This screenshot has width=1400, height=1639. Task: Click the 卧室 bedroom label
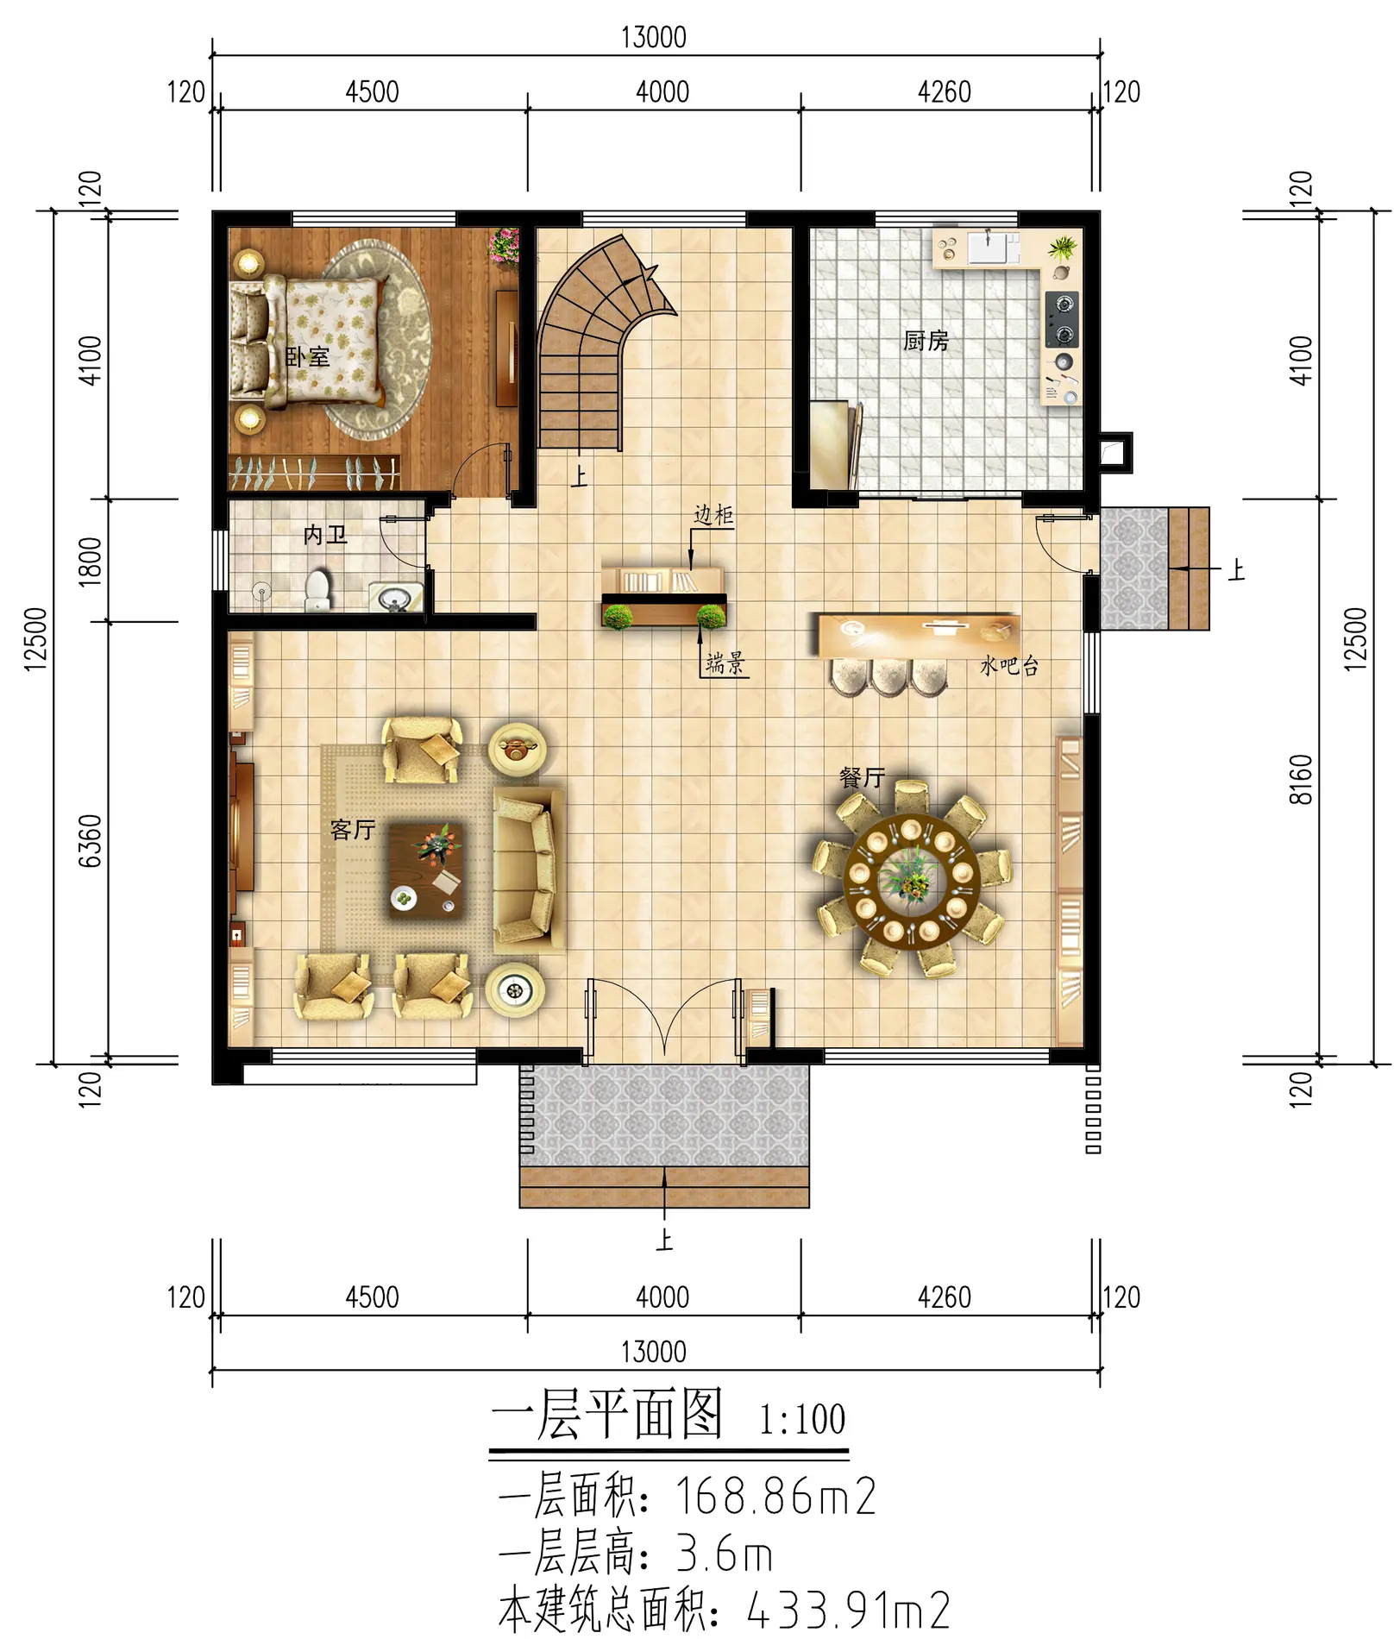(x=307, y=356)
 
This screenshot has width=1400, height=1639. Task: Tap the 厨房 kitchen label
(x=926, y=341)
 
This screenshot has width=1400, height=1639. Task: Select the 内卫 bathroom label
(x=325, y=535)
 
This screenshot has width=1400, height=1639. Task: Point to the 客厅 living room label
(x=353, y=830)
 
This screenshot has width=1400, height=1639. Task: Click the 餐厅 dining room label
(x=862, y=778)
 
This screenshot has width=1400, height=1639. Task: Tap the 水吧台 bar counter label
(x=1009, y=665)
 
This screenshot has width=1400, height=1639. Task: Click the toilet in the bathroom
(x=318, y=590)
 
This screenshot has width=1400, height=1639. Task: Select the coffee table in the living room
(x=426, y=870)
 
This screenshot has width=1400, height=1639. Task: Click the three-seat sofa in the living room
(x=527, y=869)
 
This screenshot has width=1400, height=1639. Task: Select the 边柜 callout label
(x=713, y=515)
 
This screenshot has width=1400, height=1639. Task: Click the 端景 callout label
(x=725, y=663)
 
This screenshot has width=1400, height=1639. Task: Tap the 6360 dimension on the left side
(x=91, y=840)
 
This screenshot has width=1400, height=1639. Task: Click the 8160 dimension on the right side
(x=1301, y=779)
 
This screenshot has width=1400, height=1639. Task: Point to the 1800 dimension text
(x=91, y=562)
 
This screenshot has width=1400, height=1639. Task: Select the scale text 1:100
(x=802, y=1420)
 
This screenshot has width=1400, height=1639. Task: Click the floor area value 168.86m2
(x=775, y=1496)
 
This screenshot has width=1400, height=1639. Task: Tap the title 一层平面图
(x=606, y=1416)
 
